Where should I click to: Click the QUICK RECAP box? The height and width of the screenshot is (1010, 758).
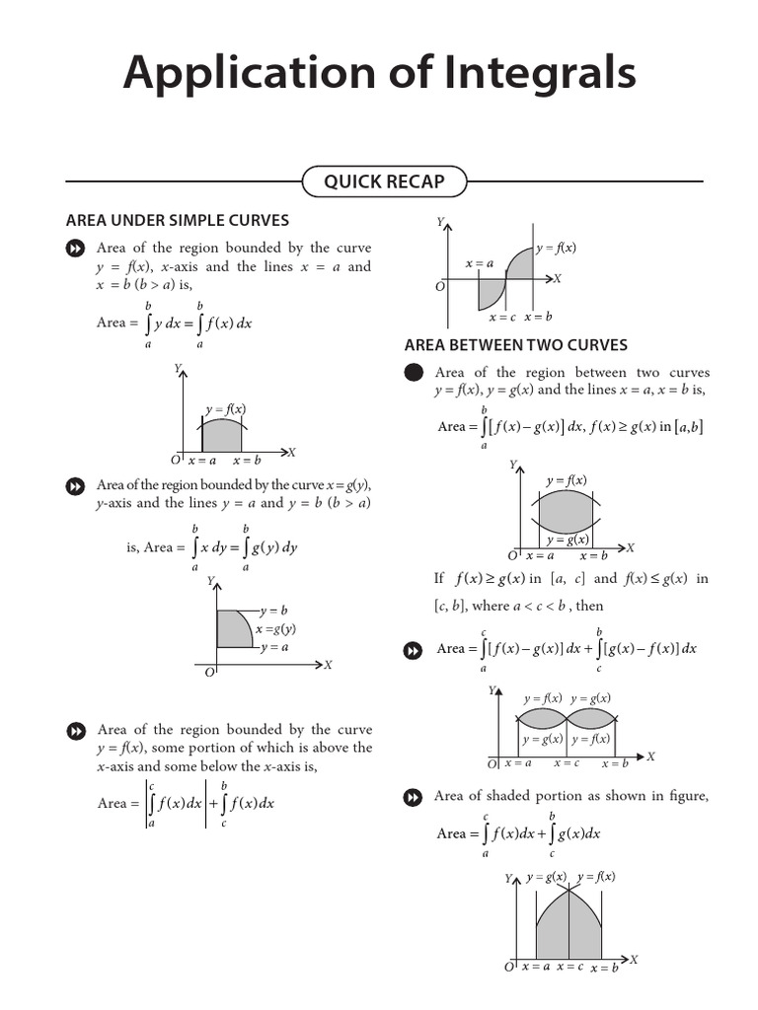tap(384, 181)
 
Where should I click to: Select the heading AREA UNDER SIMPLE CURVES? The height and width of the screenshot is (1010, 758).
tap(177, 220)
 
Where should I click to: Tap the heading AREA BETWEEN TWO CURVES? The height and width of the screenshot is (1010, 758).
tap(516, 345)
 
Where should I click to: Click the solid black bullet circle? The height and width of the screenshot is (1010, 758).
tap(415, 373)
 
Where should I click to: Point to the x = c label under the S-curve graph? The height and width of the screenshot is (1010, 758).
tap(502, 317)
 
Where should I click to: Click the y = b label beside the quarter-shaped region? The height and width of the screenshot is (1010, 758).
tap(273, 611)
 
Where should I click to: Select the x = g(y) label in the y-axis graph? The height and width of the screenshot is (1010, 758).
tap(276, 629)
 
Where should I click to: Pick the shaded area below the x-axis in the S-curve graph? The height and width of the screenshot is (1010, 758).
tap(490, 292)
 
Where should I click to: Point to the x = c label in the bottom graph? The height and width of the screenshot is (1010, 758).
tap(569, 967)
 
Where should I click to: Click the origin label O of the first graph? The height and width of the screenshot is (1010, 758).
tap(175, 461)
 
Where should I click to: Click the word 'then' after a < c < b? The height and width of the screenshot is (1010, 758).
tap(589, 606)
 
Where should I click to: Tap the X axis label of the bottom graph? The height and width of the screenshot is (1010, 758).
tap(634, 959)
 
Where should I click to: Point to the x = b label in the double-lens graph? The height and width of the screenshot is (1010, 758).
tap(614, 763)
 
